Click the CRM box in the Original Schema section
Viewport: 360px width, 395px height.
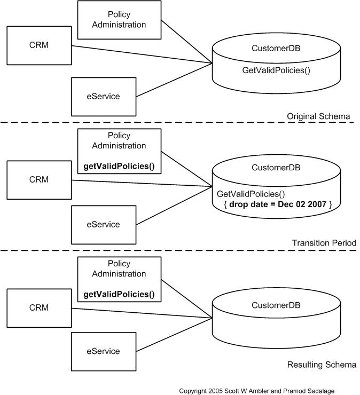[38, 45]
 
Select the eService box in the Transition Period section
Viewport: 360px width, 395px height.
[104, 225]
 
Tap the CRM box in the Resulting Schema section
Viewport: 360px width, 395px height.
[38, 307]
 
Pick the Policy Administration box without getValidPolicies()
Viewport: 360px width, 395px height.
[119, 20]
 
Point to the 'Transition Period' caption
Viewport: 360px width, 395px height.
[324, 243]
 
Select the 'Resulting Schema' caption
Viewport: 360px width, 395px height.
[322, 365]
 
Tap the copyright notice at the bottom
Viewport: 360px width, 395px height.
[257, 391]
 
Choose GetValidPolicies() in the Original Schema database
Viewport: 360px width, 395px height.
[276, 70]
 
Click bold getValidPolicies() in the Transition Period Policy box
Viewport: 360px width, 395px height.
[119, 166]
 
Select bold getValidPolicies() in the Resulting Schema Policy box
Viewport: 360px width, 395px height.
[119, 294]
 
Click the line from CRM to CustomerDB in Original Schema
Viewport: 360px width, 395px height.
[139, 55]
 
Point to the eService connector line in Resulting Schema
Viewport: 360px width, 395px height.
[171, 334]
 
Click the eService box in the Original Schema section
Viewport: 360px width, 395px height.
[104, 97]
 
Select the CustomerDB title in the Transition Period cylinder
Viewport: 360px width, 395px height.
[276, 168]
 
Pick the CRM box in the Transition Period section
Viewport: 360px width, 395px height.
[38, 179]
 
